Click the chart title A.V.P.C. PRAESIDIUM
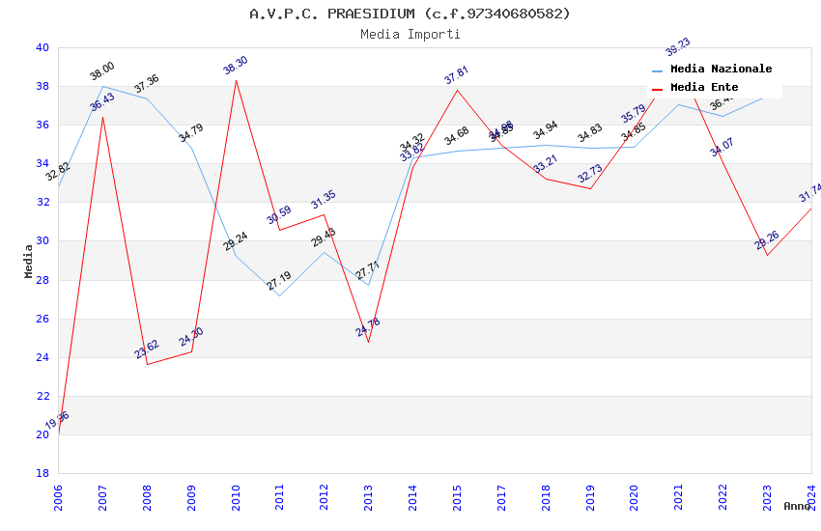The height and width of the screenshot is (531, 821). pyautogui.click(x=410, y=14)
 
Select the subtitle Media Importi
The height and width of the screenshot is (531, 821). pyautogui.click(x=410, y=34)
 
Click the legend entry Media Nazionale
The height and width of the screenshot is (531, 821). pyautogui.click(x=721, y=70)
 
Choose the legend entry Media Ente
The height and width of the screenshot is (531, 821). pyautogui.click(x=704, y=88)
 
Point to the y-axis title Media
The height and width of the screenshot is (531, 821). pyautogui.click(x=29, y=261)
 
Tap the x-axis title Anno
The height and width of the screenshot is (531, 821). pyautogui.click(x=797, y=506)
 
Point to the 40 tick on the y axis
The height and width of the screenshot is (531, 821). pyautogui.click(x=42, y=47)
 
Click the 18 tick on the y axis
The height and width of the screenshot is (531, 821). pyautogui.click(x=42, y=473)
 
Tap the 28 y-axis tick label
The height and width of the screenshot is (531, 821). pyautogui.click(x=42, y=280)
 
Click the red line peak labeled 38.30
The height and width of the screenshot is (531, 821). pyautogui.click(x=236, y=79)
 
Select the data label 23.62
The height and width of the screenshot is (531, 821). pyautogui.click(x=147, y=349)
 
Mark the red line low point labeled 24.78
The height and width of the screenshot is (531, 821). pyautogui.click(x=368, y=342)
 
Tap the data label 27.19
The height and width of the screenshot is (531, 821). pyautogui.click(x=279, y=281)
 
